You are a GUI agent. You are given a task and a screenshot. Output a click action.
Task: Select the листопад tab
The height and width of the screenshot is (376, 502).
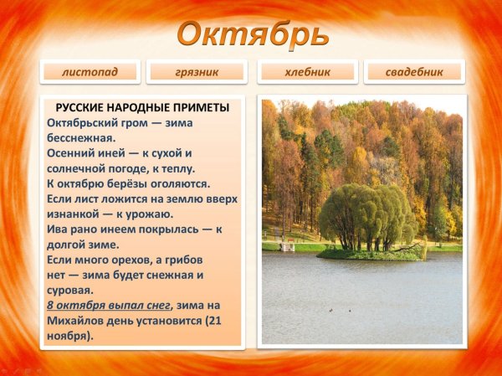(x=90, y=72)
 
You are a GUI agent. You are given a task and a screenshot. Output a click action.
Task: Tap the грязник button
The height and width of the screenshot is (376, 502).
(x=197, y=72)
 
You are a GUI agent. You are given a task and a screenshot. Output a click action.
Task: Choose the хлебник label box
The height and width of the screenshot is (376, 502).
(x=307, y=72)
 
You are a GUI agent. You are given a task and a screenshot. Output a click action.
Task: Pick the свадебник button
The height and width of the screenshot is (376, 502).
(x=413, y=72)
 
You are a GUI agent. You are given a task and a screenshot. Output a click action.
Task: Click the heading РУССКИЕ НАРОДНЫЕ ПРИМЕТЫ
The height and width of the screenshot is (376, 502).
(x=142, y=108)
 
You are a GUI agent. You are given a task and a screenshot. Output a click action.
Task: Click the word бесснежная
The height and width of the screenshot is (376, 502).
(x=81, y=138)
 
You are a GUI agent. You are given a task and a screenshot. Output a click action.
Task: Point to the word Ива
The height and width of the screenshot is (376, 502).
(x=59, y=229)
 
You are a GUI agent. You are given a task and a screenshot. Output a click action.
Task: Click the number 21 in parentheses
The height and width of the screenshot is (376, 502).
(x=217, y=320)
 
